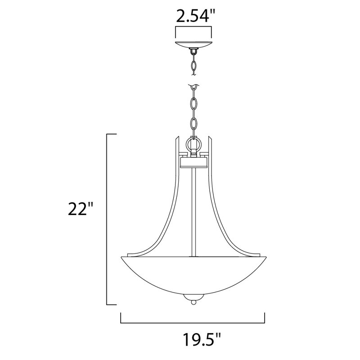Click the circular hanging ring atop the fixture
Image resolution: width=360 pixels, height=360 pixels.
pos(193,145)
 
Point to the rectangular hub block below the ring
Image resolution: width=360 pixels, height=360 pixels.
pos(193,161)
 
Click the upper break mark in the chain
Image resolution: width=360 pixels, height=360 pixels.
pos(193,85)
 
